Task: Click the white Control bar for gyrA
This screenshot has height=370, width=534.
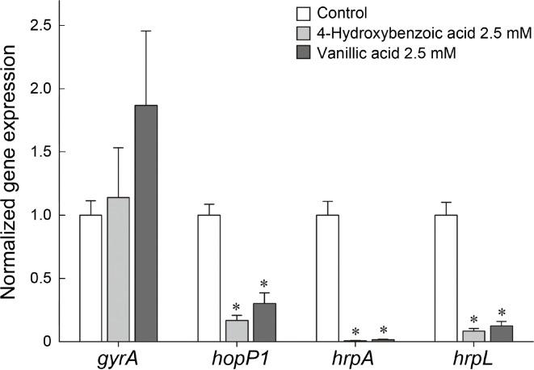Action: pos(90,278)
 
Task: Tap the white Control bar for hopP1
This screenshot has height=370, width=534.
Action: pos(208,278)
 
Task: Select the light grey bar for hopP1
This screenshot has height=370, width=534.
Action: pos(237,330)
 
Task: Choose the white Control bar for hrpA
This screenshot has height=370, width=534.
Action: pos(327,278)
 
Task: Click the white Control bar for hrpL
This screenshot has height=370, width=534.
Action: pos(445,278)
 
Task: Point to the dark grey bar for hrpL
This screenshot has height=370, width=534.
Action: pos(501,334)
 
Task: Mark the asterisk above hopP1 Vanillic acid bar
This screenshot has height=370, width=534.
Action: pos(264,284)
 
